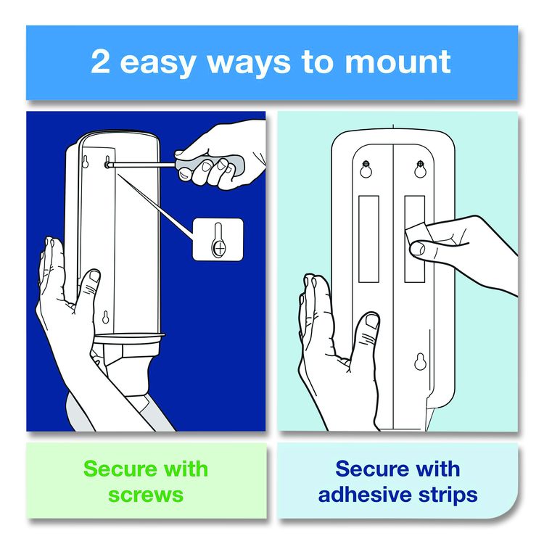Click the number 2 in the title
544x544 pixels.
[x=100, y=62]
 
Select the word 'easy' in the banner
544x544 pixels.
[x=157, y=64]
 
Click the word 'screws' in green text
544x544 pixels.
[x=146, y=495]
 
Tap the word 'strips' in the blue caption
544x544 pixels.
[x=448, y=495]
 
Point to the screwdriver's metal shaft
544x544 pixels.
[x=143, y=164]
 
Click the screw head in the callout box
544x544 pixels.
[x=219, y=248]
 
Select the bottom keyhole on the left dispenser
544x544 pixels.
[x=106, y=317]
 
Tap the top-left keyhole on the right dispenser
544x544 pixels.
[x=366, y=169]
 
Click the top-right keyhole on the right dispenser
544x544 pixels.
[x=420, y=169]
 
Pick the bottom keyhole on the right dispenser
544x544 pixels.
[x=420, y=361]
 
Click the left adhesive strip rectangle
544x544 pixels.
[x=368, y=239]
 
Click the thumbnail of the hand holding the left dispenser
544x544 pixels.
[x=94, y=276]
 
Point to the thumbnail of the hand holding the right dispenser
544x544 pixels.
[x=372, y=321]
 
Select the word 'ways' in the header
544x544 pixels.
[x=248, y=64]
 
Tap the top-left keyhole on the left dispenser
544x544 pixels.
[x=85, y=162]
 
